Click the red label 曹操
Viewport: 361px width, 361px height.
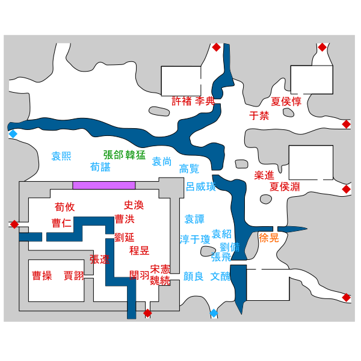pos(42,276)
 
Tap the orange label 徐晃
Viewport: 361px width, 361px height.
pos(269,238)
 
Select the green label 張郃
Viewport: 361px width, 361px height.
pos(113,155)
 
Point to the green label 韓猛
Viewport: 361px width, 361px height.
pos(135,155)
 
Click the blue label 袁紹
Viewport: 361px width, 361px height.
pos(221,234)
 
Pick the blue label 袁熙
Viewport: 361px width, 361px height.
pos(61,156)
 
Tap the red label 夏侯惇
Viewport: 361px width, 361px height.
pos(286,101)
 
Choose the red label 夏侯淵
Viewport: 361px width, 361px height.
pos(285,187)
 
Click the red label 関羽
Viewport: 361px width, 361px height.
pos(139,275)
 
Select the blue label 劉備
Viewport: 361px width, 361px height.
pos(230,247)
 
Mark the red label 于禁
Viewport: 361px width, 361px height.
pos(259,116)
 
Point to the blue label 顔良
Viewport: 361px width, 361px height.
pos(193,276)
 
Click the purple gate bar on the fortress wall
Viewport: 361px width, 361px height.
pos(104,185)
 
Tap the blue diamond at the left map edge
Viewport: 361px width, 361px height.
pos(13,134)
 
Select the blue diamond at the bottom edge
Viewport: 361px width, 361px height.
pos(214,313)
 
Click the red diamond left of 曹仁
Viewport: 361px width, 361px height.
pos(14,224)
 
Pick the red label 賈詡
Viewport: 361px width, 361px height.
pos(73,276)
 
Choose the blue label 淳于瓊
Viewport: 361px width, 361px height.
pos(195,239)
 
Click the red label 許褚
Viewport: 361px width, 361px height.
pos(182,101)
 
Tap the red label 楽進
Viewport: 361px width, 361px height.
pos(264,175)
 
